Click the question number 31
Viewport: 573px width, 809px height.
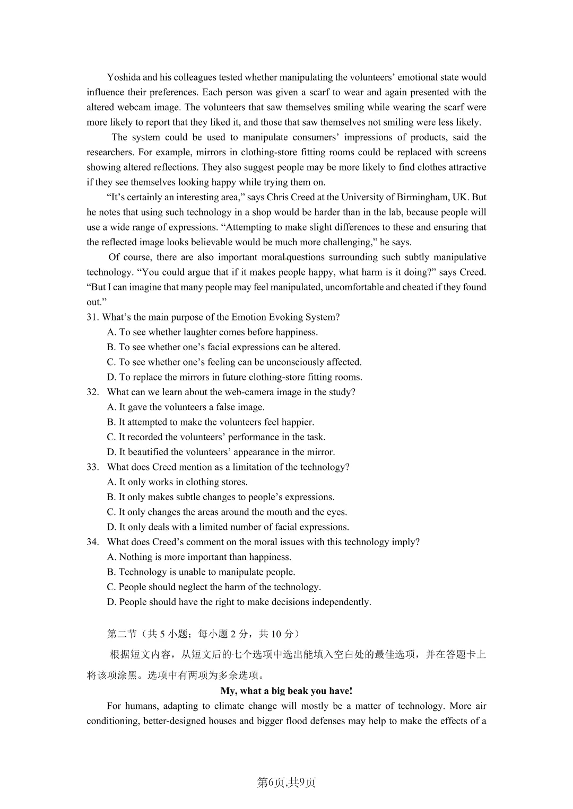[92, 317]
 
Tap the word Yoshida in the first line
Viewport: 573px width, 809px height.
[124, 77]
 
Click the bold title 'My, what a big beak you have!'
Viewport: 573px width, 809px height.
[286, 691]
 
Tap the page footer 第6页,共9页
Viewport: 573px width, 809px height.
[286, 783]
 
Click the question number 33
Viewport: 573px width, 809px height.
[92, 467]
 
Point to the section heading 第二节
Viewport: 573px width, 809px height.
[122, 634]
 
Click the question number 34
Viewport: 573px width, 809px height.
[92, 542]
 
